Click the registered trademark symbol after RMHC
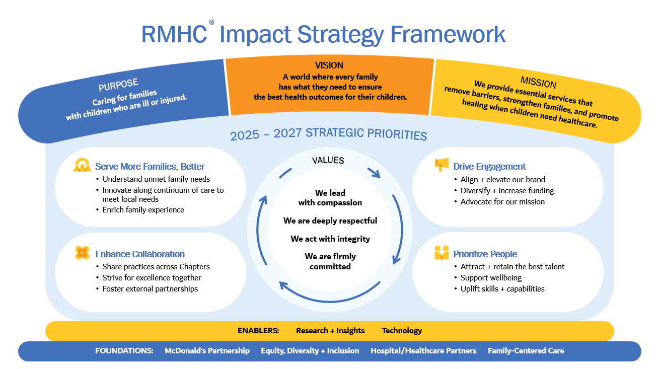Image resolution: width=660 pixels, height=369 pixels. tap(211, 22)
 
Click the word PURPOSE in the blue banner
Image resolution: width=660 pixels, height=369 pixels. tap(118, 85)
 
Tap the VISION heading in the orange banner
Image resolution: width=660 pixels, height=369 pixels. tap(329, 65)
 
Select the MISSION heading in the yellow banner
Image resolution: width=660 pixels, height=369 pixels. tap(538, 82)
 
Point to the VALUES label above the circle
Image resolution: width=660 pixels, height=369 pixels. tap(328, 160)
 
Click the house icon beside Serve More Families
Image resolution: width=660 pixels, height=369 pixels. tap(82, 165)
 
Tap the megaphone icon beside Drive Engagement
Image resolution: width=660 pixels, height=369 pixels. tap(442, 165)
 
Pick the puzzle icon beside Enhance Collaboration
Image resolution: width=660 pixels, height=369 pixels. tap(82, 253)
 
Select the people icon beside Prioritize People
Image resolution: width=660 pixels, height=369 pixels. tap(442, 253)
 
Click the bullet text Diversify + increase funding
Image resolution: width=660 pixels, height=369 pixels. tap(507, 191)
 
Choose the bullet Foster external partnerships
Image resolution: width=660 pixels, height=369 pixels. tap(150, 289)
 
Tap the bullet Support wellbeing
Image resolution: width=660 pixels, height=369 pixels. tap(491, 278)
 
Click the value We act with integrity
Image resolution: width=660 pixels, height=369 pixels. tap(330, 239)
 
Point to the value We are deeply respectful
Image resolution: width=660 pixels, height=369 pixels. tap(330, 221)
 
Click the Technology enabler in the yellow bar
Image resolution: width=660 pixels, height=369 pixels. tap(402, 331)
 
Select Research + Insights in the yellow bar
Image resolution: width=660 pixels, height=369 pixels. tap(330, 331)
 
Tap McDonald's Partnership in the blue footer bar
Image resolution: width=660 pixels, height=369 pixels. tap(207, 351)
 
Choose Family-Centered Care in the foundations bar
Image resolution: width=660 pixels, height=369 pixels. tap(526, 351)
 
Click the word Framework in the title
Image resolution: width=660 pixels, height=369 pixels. tap(448, 34)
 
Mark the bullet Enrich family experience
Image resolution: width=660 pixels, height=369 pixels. tap(143, 210)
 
